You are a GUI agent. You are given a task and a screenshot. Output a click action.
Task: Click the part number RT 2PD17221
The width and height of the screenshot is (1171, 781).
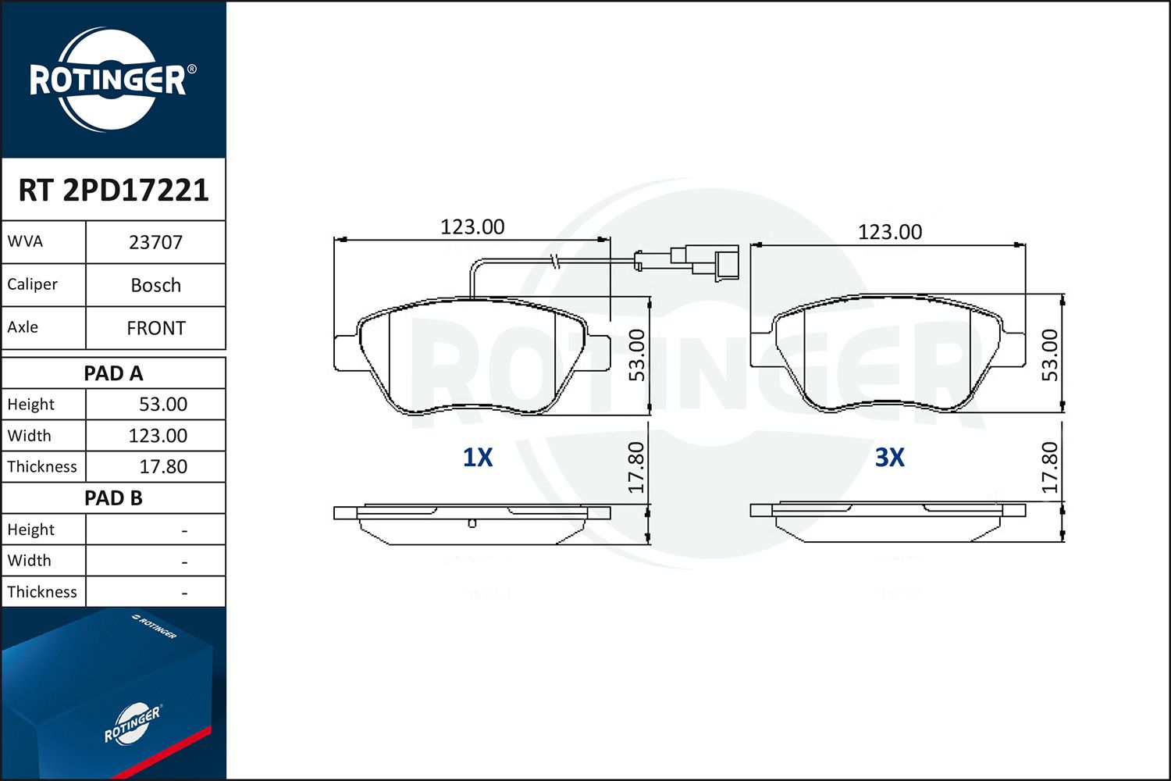113,190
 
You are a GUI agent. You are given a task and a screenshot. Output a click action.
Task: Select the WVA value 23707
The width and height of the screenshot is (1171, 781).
156,242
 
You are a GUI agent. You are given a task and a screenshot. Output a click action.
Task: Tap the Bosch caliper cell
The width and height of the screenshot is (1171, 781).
156,285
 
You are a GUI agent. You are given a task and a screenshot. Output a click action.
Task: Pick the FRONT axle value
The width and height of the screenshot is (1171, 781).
156,328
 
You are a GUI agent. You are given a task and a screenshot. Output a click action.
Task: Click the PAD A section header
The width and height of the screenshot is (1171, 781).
113,373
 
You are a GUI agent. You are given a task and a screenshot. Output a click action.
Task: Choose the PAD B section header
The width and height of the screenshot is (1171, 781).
113,498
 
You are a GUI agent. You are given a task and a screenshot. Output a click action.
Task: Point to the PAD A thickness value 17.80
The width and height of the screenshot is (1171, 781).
163,466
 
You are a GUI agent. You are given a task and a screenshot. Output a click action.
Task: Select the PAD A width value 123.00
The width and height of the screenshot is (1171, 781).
158,436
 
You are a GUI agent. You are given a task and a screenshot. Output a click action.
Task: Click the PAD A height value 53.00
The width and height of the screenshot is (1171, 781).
163,405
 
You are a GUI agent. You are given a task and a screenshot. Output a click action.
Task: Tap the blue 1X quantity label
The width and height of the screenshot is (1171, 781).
478,457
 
